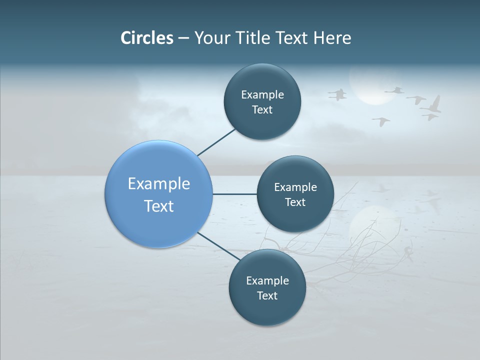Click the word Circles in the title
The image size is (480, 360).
click(147, 38)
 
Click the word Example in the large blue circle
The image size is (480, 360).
click(159, 183)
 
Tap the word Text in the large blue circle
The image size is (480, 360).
click(159, 206)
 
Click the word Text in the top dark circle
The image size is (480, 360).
click(262, 110)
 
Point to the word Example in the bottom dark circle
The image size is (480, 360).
click(267, 280)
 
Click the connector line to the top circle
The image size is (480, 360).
click(216, 142)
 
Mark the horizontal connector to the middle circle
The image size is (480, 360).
click(234, 194)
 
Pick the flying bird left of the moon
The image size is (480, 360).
click(338, 94)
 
